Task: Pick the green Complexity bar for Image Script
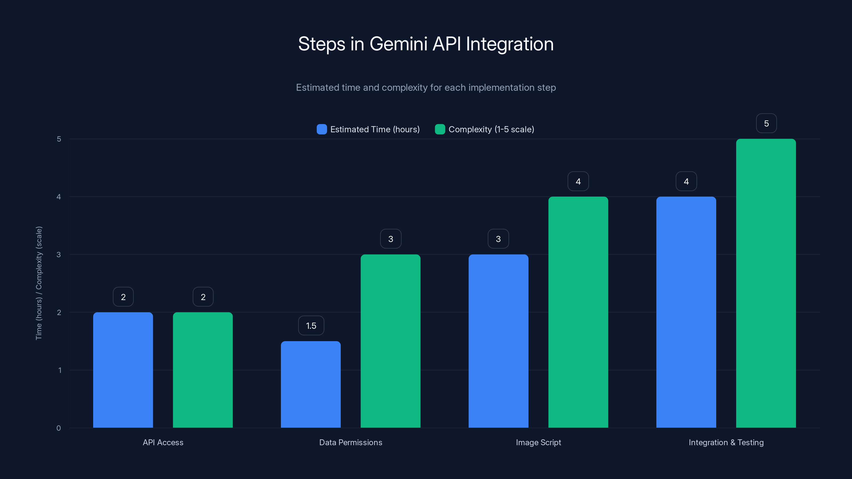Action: click(x=578, y=312)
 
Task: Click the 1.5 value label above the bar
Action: click(x=311, y=326)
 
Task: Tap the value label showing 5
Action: click(x=766, y=123)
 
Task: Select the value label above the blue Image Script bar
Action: click(x=498, y=239)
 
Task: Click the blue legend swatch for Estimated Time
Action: click(x=321, y=129)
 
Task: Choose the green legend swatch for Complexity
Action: click(x=440, y=129)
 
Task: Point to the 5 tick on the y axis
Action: click(x=59, y=139)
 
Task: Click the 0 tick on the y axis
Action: click(x=59, y=428)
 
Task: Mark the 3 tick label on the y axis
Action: click(x=59, y=255)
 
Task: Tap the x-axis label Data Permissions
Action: click(x=351, y=442)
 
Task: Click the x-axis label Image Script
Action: click(x=538, y=442)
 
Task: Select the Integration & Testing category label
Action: click(x=726, y=442)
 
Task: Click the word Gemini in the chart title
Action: click(x=399, y=44)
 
